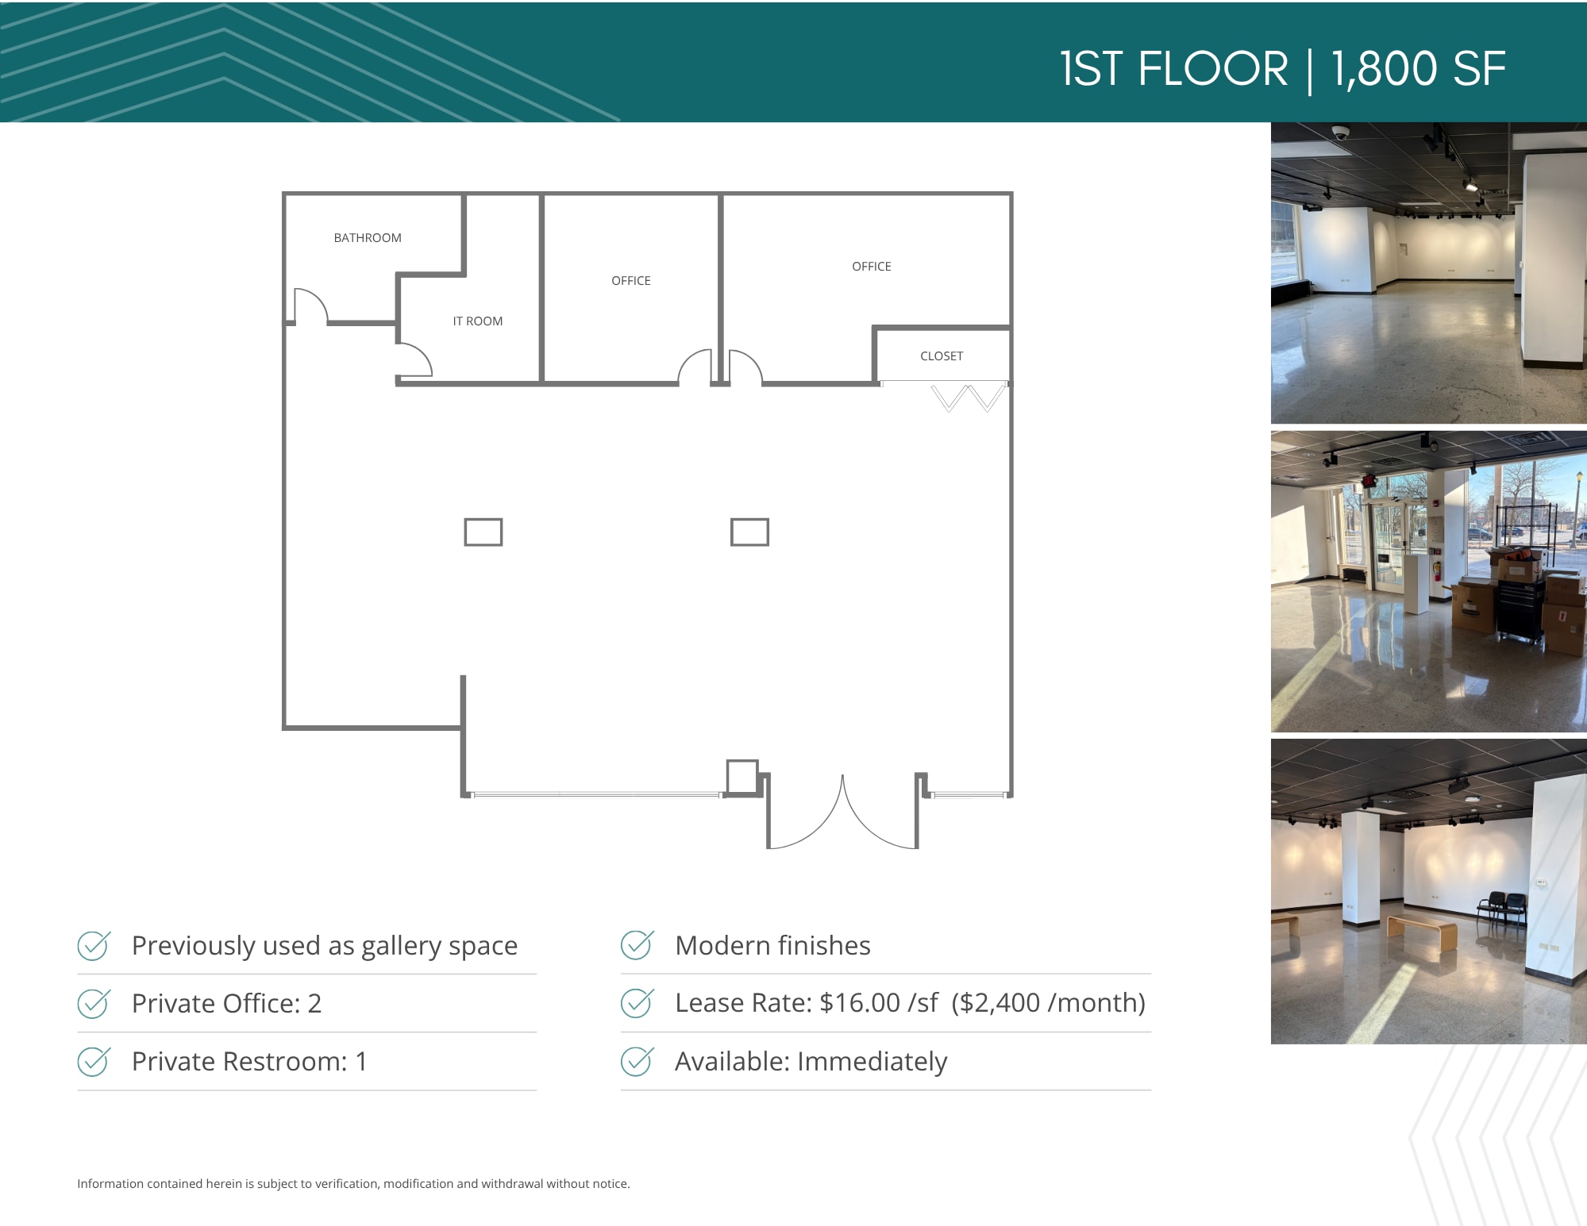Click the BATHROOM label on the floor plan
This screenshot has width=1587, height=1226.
(368, 238)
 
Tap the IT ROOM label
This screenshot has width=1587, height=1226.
(478, 321)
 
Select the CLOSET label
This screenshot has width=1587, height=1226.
(942, 356)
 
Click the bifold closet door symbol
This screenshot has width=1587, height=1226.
(969, 398)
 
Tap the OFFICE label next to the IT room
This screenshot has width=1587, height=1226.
(631, 281)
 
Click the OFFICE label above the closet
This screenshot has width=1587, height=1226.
(872, 267)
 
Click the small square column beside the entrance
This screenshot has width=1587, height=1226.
(742, 776)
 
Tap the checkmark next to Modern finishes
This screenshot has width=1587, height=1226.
(637, 945)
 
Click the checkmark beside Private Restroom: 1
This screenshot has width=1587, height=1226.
(94, 1061)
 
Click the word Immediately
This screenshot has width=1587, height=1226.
(872, 1062)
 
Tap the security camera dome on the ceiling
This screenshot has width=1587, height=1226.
(1340, 133)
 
